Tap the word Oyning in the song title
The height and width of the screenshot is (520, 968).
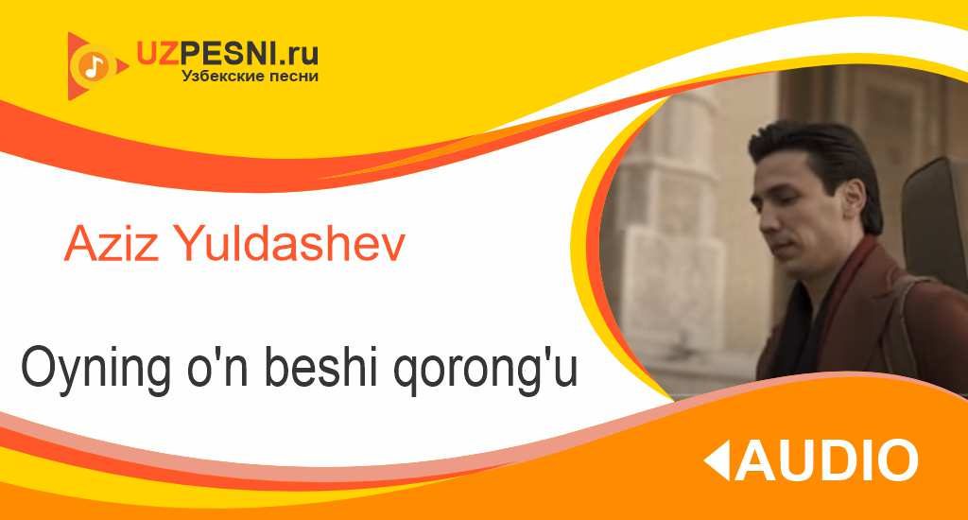[95, 371]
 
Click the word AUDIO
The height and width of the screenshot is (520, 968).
[826, 460]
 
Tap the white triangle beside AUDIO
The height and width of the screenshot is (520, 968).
[718, 460]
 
